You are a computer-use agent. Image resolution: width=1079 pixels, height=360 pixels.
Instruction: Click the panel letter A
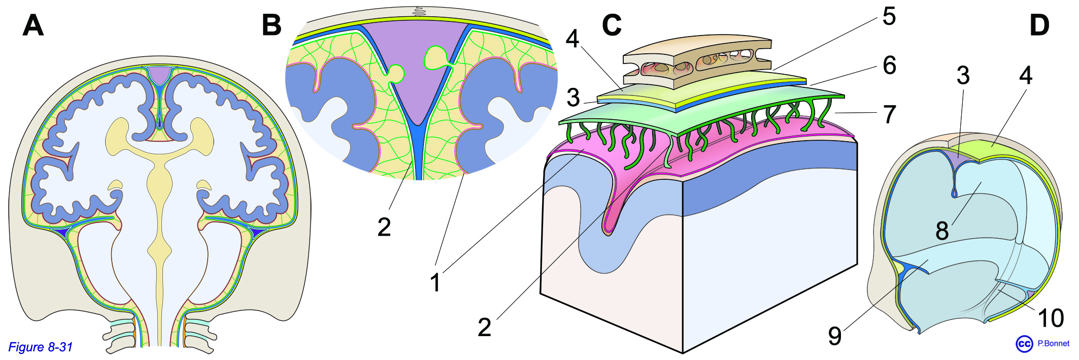pyautogui.click(x=33, y=25)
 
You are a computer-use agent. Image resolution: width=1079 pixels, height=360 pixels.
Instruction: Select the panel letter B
pyautogui.click(x=272, y=25)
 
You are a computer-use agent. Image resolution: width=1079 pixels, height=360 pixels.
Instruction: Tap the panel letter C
pyautogui.click(x=612, y=25)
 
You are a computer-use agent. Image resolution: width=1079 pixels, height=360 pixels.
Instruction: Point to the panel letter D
pyautogui.click(x=1039, y=25)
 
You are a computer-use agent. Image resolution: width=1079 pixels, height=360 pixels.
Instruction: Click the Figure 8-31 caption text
pyautogui.click(x=40, y=347)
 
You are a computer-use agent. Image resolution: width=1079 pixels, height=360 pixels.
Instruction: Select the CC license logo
pyautogui.click(x=1024, y=344)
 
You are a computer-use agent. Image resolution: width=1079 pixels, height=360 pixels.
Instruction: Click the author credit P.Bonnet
pyautogui.click(x=1053, y=344)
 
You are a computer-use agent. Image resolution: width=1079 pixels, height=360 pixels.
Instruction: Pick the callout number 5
pyautogui.click(x=889, y=17)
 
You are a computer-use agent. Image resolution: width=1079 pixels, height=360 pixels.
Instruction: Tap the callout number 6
pyautogui.click(x=890, y=66)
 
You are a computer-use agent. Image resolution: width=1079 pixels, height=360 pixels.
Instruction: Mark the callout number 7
pyautogui.click(x=890, y=115)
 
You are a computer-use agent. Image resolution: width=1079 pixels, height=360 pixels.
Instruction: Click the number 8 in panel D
pyautogui.click(x=942, y=231)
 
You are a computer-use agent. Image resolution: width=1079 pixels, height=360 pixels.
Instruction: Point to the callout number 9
pyautogui.click(x=835, y=336)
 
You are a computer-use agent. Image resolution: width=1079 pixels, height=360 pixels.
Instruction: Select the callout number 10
pyautogui.click(x=1051, y=319)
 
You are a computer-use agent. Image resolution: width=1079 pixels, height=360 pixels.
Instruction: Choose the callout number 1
pyautogui.click(x=435, y=283)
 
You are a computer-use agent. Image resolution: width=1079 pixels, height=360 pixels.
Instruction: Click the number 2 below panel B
pyautogui.click(x=384, y=227)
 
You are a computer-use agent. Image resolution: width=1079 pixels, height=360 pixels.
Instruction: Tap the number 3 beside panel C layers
pyautogui.click(x=573, y=98)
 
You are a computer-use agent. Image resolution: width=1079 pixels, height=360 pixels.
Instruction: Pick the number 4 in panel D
pyautogui.click(x=1026, y=76)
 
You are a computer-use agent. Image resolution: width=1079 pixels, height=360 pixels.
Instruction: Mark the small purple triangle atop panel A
pyautogui.click(x=160, y=75)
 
